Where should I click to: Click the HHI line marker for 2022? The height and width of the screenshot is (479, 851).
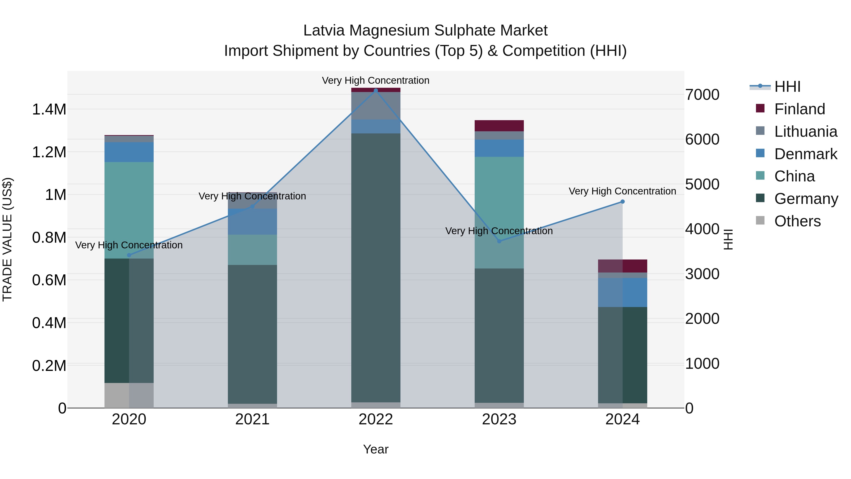[x=376, y=91]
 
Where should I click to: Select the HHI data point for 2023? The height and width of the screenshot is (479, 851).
[x=499, y=241]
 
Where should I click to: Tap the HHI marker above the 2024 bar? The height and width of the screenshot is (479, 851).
[x=622, y=202]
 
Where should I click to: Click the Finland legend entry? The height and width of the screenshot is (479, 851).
[x=799, y=109]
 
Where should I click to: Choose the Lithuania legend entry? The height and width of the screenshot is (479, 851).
[x=805, y=132]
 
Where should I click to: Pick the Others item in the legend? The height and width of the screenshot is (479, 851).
[x=797, y=221]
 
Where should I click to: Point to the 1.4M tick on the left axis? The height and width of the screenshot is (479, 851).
[x=49, y=110]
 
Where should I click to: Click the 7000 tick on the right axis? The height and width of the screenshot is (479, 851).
[x=702, y=95]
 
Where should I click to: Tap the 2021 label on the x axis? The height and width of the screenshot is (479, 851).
[x=252, y=419]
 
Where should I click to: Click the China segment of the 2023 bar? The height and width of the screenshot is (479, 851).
[x=499, y=211]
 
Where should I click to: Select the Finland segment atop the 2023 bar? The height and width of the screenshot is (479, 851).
[x=499, y=126]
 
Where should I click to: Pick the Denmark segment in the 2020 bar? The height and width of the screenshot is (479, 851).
[x=129, y=152]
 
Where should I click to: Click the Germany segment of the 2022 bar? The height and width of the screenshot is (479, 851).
[x=376, y=268]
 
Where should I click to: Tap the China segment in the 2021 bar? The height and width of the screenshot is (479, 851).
[x=252, y=250]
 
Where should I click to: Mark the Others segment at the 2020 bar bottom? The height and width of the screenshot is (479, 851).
[x=129, y=395]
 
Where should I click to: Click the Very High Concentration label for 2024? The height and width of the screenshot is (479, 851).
[x=622, y=191]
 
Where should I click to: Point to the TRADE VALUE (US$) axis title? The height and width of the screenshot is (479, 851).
[x=7, y=239]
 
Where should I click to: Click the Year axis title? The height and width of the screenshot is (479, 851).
[x=376, y=449]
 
